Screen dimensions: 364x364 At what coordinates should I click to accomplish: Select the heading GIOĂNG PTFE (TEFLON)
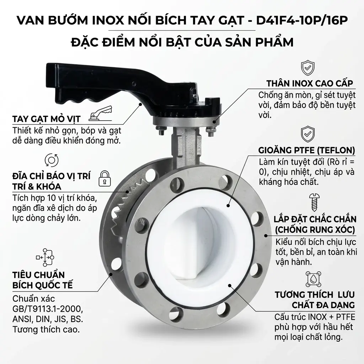coord(306,150)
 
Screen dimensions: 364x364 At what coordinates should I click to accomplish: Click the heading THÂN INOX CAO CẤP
coord(310,84)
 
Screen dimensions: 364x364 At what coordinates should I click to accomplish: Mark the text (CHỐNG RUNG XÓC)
coord(315,230)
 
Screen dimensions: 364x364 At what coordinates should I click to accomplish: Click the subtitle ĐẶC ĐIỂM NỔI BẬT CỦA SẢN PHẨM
coord(182,42)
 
